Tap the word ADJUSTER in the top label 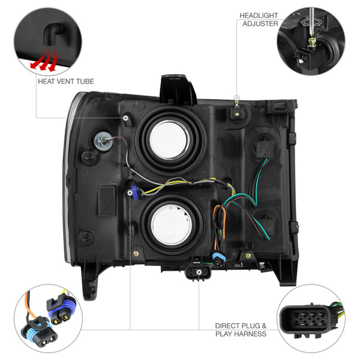[x=260, y=23]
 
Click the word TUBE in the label [x=85, y=81]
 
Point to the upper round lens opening [x=169, y=140]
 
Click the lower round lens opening [x=172, y=224]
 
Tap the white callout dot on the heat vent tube [x=125, y=118]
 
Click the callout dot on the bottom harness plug [x=199, y=272]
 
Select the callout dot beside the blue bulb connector [x=130, y=193]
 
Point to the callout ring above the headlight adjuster [x=236, y=98]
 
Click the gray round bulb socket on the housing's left [x=103, y=140]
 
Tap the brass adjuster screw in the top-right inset [x=311, y=42]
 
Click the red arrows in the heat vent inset [x=44, y=61]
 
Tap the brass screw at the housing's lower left [x=136, y=254]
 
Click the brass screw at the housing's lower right [x=248, y=256]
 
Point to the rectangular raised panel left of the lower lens [x=107, y=200]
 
